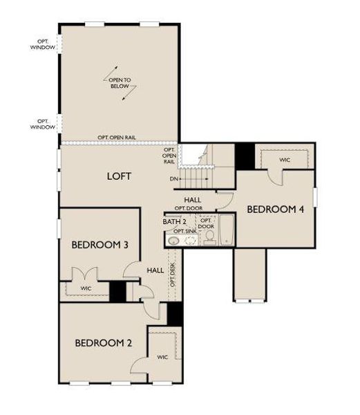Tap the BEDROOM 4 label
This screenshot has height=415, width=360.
point(275,209)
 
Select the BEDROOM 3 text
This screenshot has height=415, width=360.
point(100,245)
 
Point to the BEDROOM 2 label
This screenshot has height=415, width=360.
point(104,342)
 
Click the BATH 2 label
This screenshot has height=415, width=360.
point(175,221)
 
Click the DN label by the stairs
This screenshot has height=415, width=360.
point(174,178)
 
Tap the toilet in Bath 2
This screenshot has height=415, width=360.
point(209,237)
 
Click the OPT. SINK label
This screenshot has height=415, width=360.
point(185,231)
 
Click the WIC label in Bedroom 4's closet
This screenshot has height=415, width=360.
point(285,160)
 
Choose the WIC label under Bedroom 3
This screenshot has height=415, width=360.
point(86,288)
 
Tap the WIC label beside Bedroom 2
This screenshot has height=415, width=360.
point(162,358)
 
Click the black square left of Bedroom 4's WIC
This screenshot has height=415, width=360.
point(245,156)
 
